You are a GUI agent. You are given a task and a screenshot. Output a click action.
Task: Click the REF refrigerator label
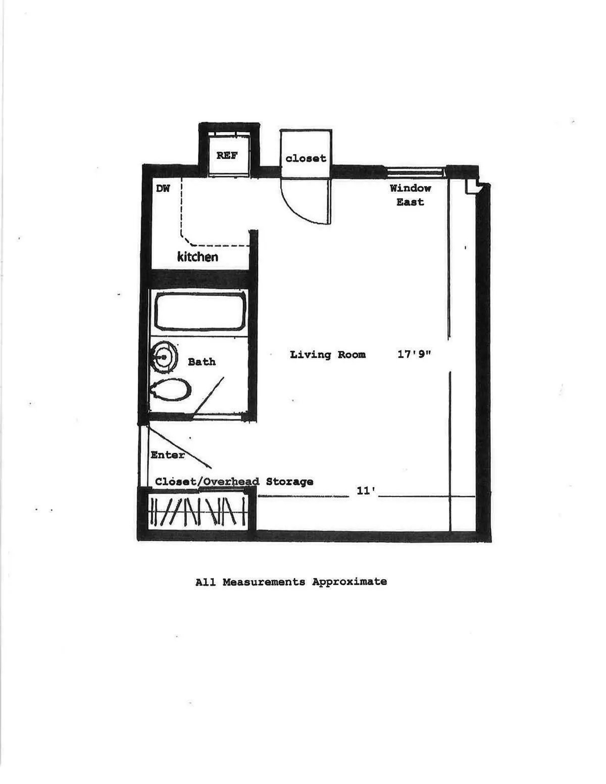227,155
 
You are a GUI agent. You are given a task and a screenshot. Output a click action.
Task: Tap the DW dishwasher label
163,189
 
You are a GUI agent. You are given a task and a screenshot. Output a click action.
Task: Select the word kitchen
197,257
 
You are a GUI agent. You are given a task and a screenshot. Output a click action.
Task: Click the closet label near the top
306,159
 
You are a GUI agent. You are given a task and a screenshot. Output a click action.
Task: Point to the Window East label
410,195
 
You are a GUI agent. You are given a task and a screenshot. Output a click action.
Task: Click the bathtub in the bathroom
200,312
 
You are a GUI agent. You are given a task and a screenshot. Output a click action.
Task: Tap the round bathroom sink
165,357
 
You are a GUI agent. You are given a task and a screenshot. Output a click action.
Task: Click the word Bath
201,362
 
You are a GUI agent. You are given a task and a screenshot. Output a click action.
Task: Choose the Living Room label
328,355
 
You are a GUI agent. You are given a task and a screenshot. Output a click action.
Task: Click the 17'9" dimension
414,354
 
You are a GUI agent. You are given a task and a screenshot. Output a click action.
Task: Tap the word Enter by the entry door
168,455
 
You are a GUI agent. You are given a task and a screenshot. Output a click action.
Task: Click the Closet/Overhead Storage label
234,482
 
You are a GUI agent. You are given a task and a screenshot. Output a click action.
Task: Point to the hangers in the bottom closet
198,511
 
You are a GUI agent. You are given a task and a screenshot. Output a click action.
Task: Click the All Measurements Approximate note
291,582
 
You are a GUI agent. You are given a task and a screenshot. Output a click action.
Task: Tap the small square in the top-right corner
472,187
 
